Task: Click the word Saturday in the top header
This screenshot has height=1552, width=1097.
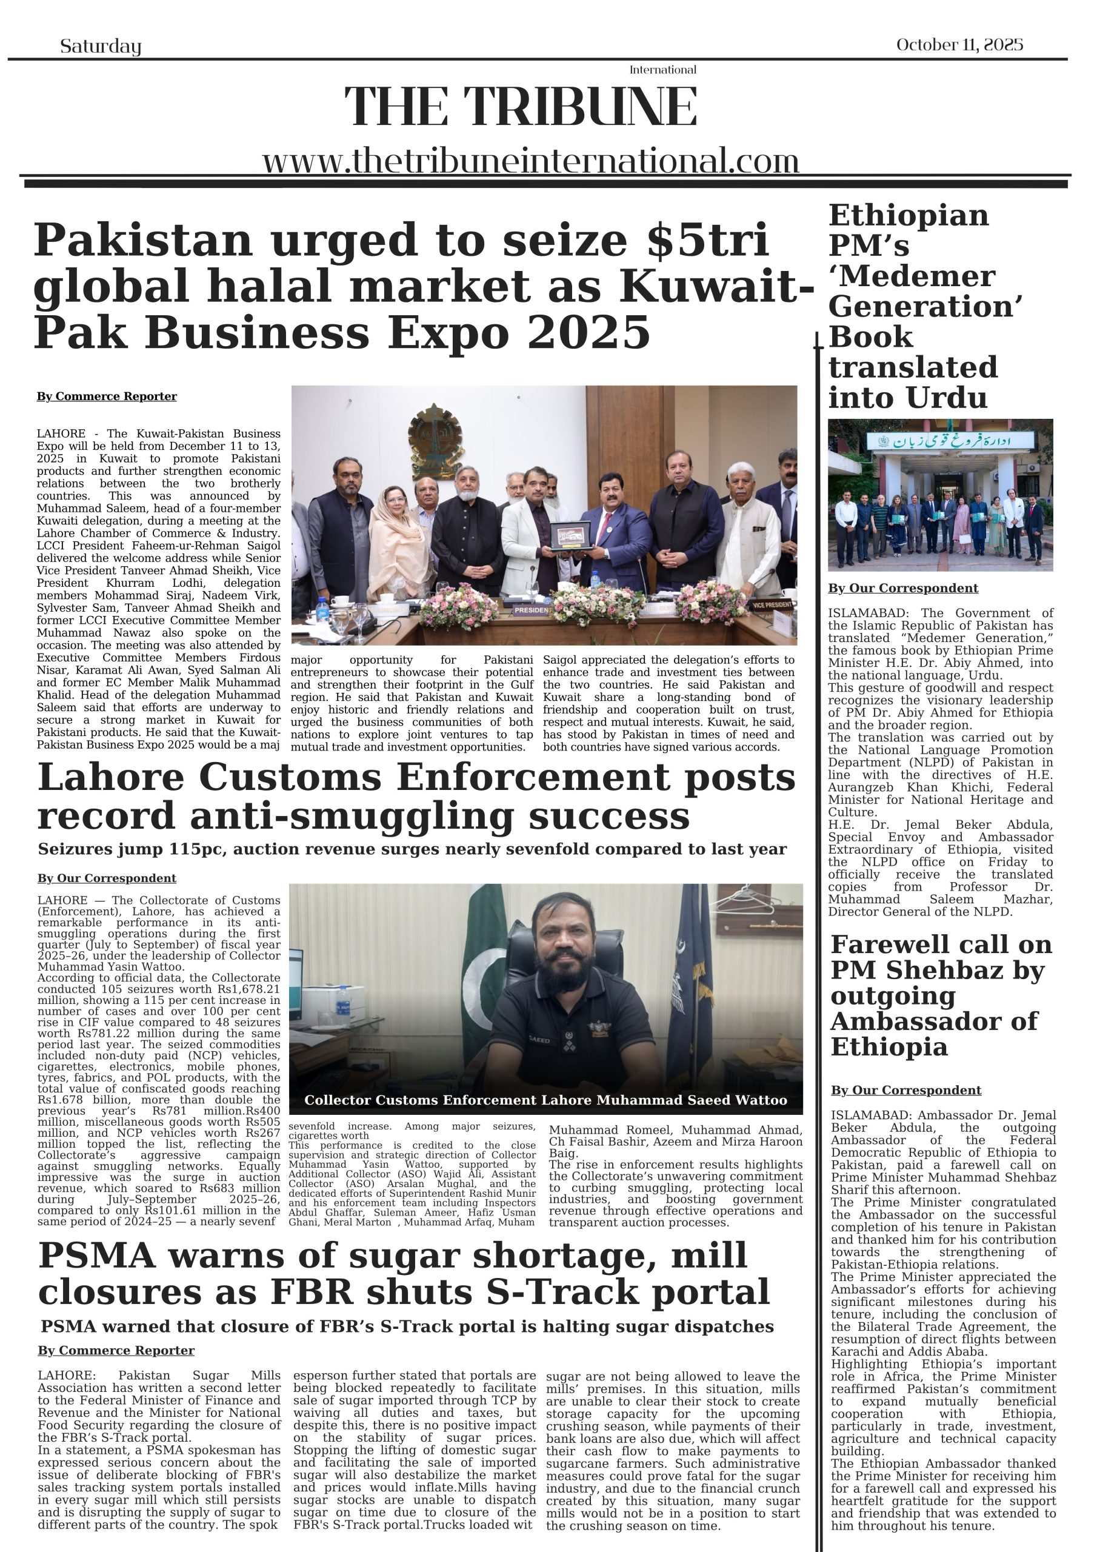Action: (101, 46)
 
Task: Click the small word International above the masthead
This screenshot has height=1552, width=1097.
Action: (662, 70)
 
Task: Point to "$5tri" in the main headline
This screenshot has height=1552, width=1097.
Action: (708, 239)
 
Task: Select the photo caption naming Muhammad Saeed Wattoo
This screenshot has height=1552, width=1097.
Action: (545, 1100)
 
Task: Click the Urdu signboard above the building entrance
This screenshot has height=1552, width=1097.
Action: (951, 441)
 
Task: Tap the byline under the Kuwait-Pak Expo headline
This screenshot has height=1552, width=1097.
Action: (107, 396)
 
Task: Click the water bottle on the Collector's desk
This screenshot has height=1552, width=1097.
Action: (342, 1001)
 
